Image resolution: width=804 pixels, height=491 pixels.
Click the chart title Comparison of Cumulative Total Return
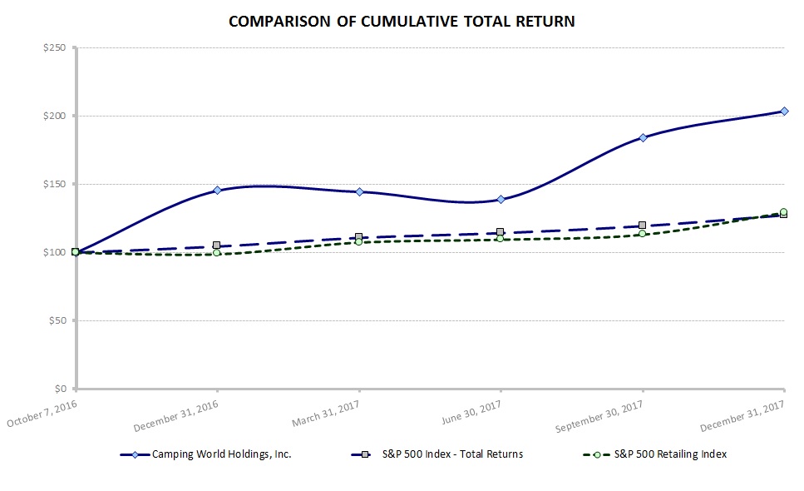[x=402, y=22]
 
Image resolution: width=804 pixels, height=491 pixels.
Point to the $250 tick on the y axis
[x=55, y=47]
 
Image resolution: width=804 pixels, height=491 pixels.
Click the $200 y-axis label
[x=55, y=116]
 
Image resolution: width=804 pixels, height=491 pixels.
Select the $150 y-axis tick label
[x=55, y=184]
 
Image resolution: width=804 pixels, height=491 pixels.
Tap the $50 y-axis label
[x=57, y=320]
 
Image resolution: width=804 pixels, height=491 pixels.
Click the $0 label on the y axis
[x=61, y=389]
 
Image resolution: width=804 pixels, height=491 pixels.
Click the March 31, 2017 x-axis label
[x=325, y=411]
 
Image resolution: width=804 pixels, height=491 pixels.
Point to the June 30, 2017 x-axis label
[x=471, y=411]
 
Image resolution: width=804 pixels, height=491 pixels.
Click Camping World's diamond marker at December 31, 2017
[x=784, y=111]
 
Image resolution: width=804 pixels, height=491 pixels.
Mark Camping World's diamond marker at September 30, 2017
[x=643, y=137]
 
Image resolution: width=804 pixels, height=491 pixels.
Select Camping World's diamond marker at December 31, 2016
[x=217, y=191]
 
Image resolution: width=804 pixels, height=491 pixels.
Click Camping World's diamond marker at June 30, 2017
[x=501, y=199]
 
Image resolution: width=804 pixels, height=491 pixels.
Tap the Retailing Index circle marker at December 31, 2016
[x=217, y=252]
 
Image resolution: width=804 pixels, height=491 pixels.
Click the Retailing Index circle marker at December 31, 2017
[x=784, y=212]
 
